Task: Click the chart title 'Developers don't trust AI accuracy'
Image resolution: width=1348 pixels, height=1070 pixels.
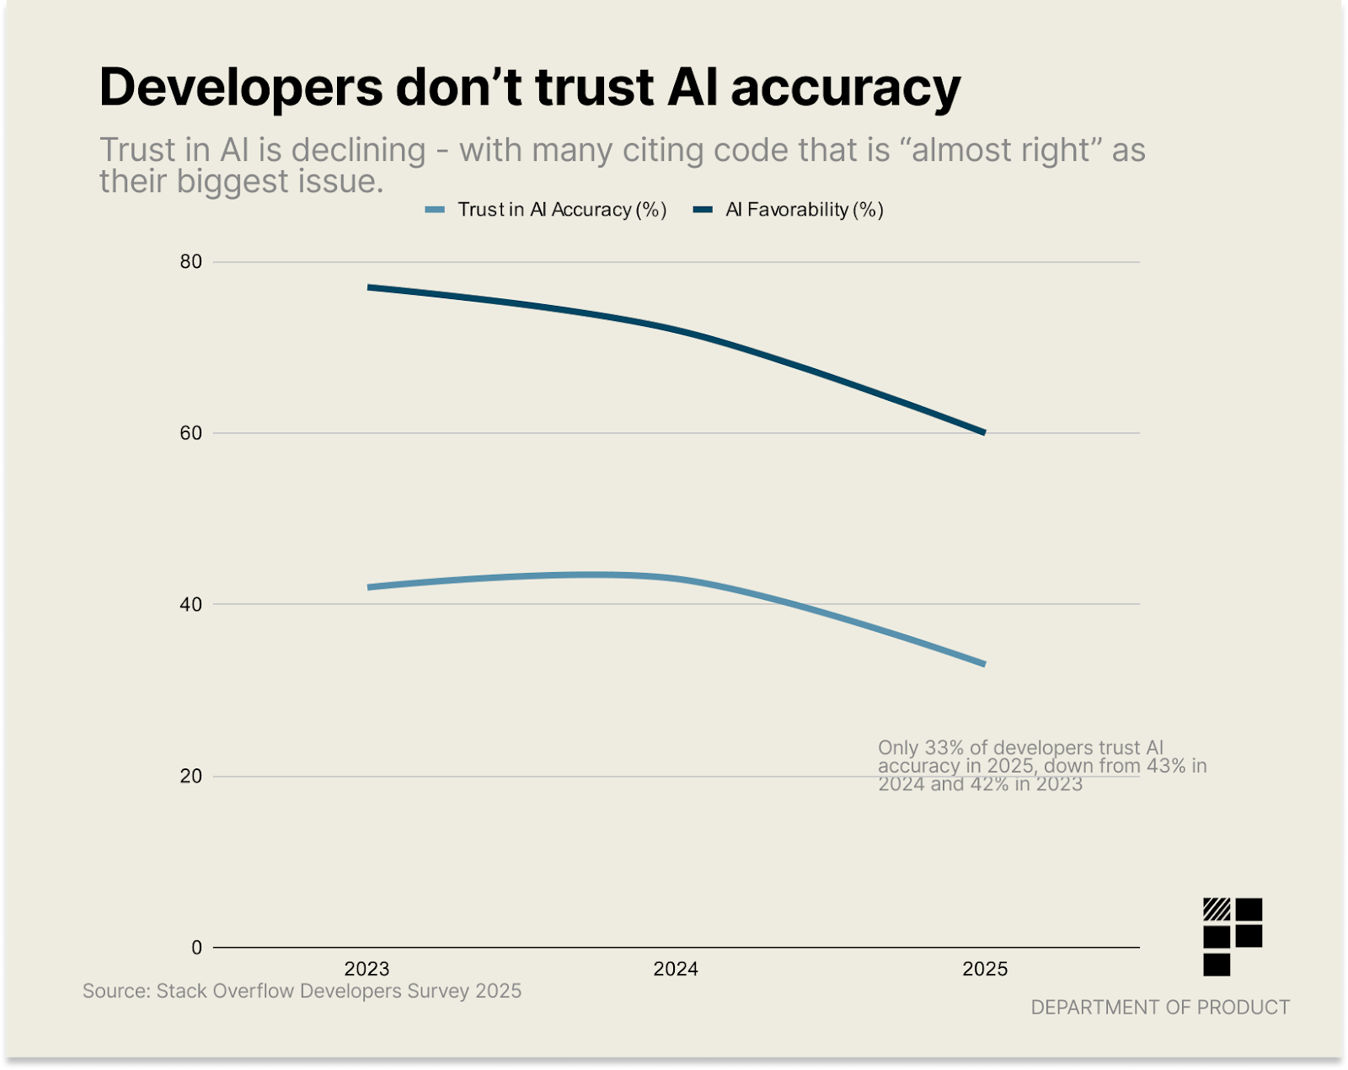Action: (529, 87)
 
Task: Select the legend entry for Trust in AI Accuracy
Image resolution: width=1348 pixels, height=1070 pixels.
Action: (546, 210)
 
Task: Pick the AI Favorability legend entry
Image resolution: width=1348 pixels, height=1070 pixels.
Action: (789, 210)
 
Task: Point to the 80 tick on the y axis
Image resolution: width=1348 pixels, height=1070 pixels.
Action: (191, 262)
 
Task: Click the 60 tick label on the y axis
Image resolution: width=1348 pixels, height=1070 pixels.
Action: (191, 433)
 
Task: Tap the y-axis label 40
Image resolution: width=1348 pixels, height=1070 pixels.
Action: (191, 604)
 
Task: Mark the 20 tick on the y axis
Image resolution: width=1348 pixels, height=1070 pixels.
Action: (191, 776)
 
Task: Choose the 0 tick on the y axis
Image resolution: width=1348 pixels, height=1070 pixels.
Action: (196, 948)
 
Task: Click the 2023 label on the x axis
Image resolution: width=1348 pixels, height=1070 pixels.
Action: (367, 969)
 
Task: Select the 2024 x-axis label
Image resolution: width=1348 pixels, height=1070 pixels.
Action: (676, 969)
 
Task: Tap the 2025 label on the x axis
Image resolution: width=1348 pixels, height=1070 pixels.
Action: (985, 969)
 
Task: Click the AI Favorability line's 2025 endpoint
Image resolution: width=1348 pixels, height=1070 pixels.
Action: (984, 432)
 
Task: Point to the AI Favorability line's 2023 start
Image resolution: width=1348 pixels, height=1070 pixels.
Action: (369, 287)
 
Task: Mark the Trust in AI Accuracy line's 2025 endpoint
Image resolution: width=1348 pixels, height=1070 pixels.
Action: (984, 664)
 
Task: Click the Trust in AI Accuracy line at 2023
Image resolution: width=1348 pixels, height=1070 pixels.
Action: (369, 587)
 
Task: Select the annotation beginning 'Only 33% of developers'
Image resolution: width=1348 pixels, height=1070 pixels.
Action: (1041, 766)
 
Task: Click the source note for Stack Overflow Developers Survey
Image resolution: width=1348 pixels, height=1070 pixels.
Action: (302, 991)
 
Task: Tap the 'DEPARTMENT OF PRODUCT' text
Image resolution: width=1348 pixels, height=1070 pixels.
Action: (1160, 1008)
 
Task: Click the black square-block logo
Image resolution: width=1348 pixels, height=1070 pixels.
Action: (1232, 936)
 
